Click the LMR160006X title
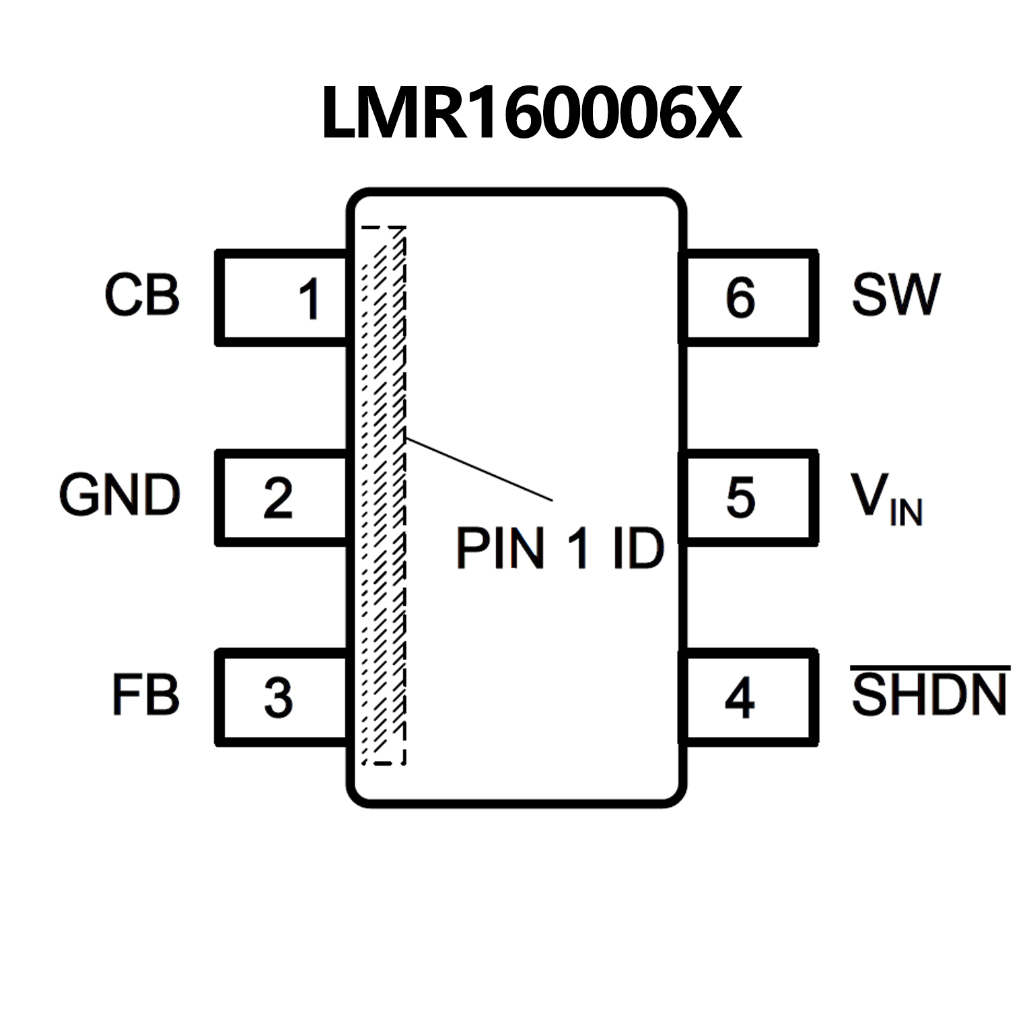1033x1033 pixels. (531, 113)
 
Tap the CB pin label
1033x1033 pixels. (142, 295)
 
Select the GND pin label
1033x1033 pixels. (120, 495)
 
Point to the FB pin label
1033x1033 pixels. (145, 694)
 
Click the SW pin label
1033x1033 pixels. (895, 295)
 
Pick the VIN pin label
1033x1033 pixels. (886, 498)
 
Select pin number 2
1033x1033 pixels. (278, 498)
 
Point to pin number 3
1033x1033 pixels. (278, 697)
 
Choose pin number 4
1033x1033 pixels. (740, 698)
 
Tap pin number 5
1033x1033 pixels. (740, 498)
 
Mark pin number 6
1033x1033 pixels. (740, 297)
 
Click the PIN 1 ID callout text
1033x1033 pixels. (560, 548)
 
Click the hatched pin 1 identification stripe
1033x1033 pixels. (384, 495)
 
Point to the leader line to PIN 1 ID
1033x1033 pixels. (479, 469)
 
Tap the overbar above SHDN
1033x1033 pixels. (930, 668)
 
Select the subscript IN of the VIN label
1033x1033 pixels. (906, 513)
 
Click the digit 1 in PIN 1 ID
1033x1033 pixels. (578, 548)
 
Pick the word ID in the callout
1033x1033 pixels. (638, 548)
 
